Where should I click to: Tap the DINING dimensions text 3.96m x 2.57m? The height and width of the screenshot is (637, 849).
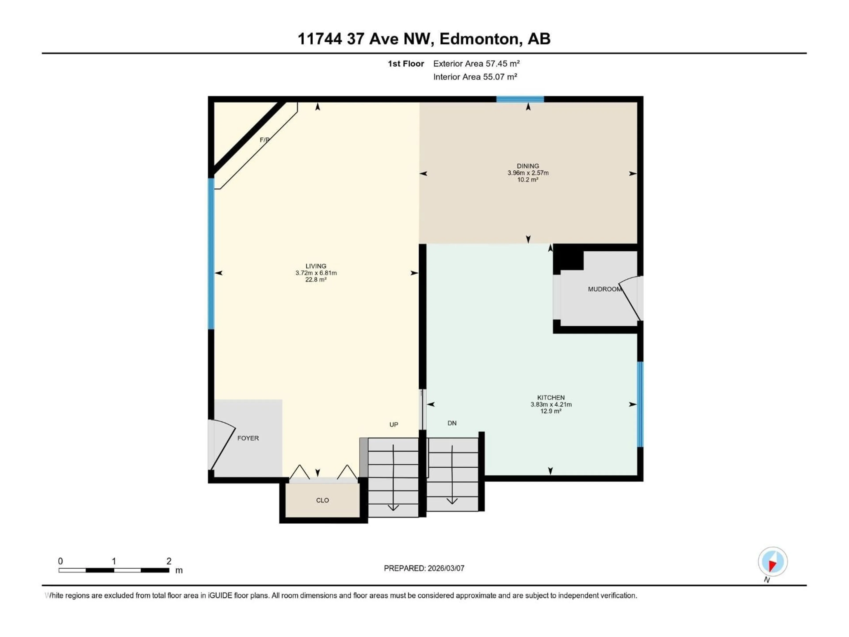528,173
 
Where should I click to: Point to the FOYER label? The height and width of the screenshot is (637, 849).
248,438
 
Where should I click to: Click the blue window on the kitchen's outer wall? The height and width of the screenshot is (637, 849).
640,404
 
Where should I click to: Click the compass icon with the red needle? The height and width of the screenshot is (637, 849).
773,561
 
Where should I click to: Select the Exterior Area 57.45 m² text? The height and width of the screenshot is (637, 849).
476,64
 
